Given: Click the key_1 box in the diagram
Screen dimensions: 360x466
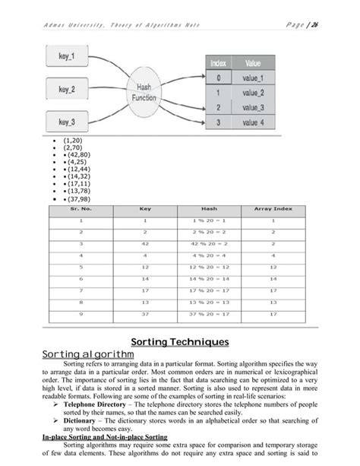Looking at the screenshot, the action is coord(64,56).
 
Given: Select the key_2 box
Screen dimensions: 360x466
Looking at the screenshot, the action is coord(64,89).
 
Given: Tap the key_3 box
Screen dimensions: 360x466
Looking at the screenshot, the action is coord(64,122).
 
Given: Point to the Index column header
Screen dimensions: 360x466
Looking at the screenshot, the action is coord(219,64).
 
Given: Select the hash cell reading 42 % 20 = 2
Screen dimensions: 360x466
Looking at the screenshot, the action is coord(209,243).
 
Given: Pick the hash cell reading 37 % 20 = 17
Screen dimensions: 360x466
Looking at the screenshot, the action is coord(209,312).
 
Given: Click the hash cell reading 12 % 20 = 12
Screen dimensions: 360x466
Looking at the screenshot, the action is coord(209,267).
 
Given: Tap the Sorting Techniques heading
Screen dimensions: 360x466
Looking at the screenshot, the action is coord(180,342).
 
